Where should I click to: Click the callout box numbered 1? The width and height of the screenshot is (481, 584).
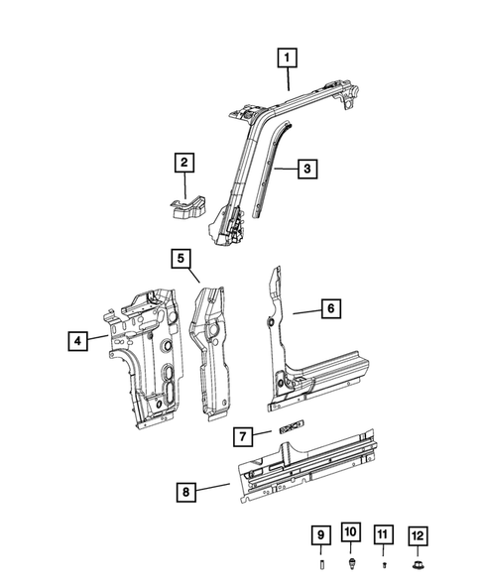click(287, 59)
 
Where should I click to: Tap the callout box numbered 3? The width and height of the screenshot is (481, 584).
click(308, 170)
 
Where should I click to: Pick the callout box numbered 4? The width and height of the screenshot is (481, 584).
click(76, 341)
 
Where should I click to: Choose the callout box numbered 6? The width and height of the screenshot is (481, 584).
click(332, 309)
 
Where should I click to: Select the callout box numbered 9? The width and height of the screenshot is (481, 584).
click(320, 536)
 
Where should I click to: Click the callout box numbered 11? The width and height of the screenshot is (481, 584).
click(383, 536)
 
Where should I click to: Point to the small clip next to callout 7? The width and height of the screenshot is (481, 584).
click(288, 428)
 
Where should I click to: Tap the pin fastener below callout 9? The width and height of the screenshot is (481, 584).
click(320, 565)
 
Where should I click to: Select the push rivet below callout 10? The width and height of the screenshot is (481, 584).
click(352, 563)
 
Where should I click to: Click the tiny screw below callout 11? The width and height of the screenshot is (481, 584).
click(383, 565)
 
